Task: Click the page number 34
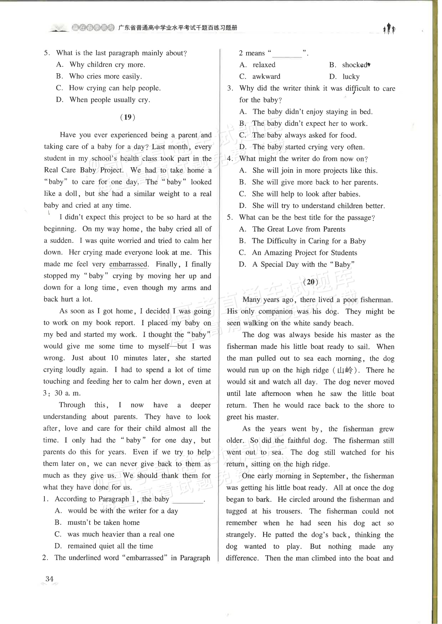tap(49, 579)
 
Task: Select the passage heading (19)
tap(128, 117)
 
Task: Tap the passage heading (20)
tap(311, 282)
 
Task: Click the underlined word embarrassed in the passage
tap(128, 264)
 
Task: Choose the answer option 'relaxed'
tap(264, 65)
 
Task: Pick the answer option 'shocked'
tap(355, 65)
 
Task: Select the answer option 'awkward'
tap(266, 77)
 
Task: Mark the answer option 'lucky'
tap(351, 77)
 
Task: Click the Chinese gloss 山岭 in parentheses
tap(345, 370)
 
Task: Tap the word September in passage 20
tap(329, 476)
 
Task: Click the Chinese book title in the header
tap(178, 28)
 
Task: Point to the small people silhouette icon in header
tap(389, 28)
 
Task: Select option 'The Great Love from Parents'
tap(299, 229)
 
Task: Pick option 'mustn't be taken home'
tap(103, 522)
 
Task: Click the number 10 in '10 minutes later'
tap(114, 358)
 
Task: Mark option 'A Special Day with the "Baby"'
tap(303, 265)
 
